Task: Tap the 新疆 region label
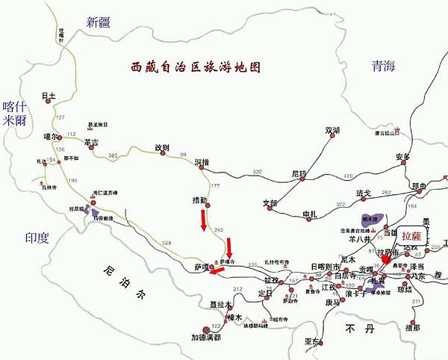(x=103, y=22)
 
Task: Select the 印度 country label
(x=36, y=238)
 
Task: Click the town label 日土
(x=49, y=96)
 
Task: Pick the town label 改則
(x=163, y=147)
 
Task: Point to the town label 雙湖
(x=332, y=131)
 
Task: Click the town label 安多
(x=402, y=157)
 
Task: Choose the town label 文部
(x=270, y=203)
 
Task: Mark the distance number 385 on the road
(x=113, y=155)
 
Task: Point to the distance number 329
(x=166, y=243)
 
